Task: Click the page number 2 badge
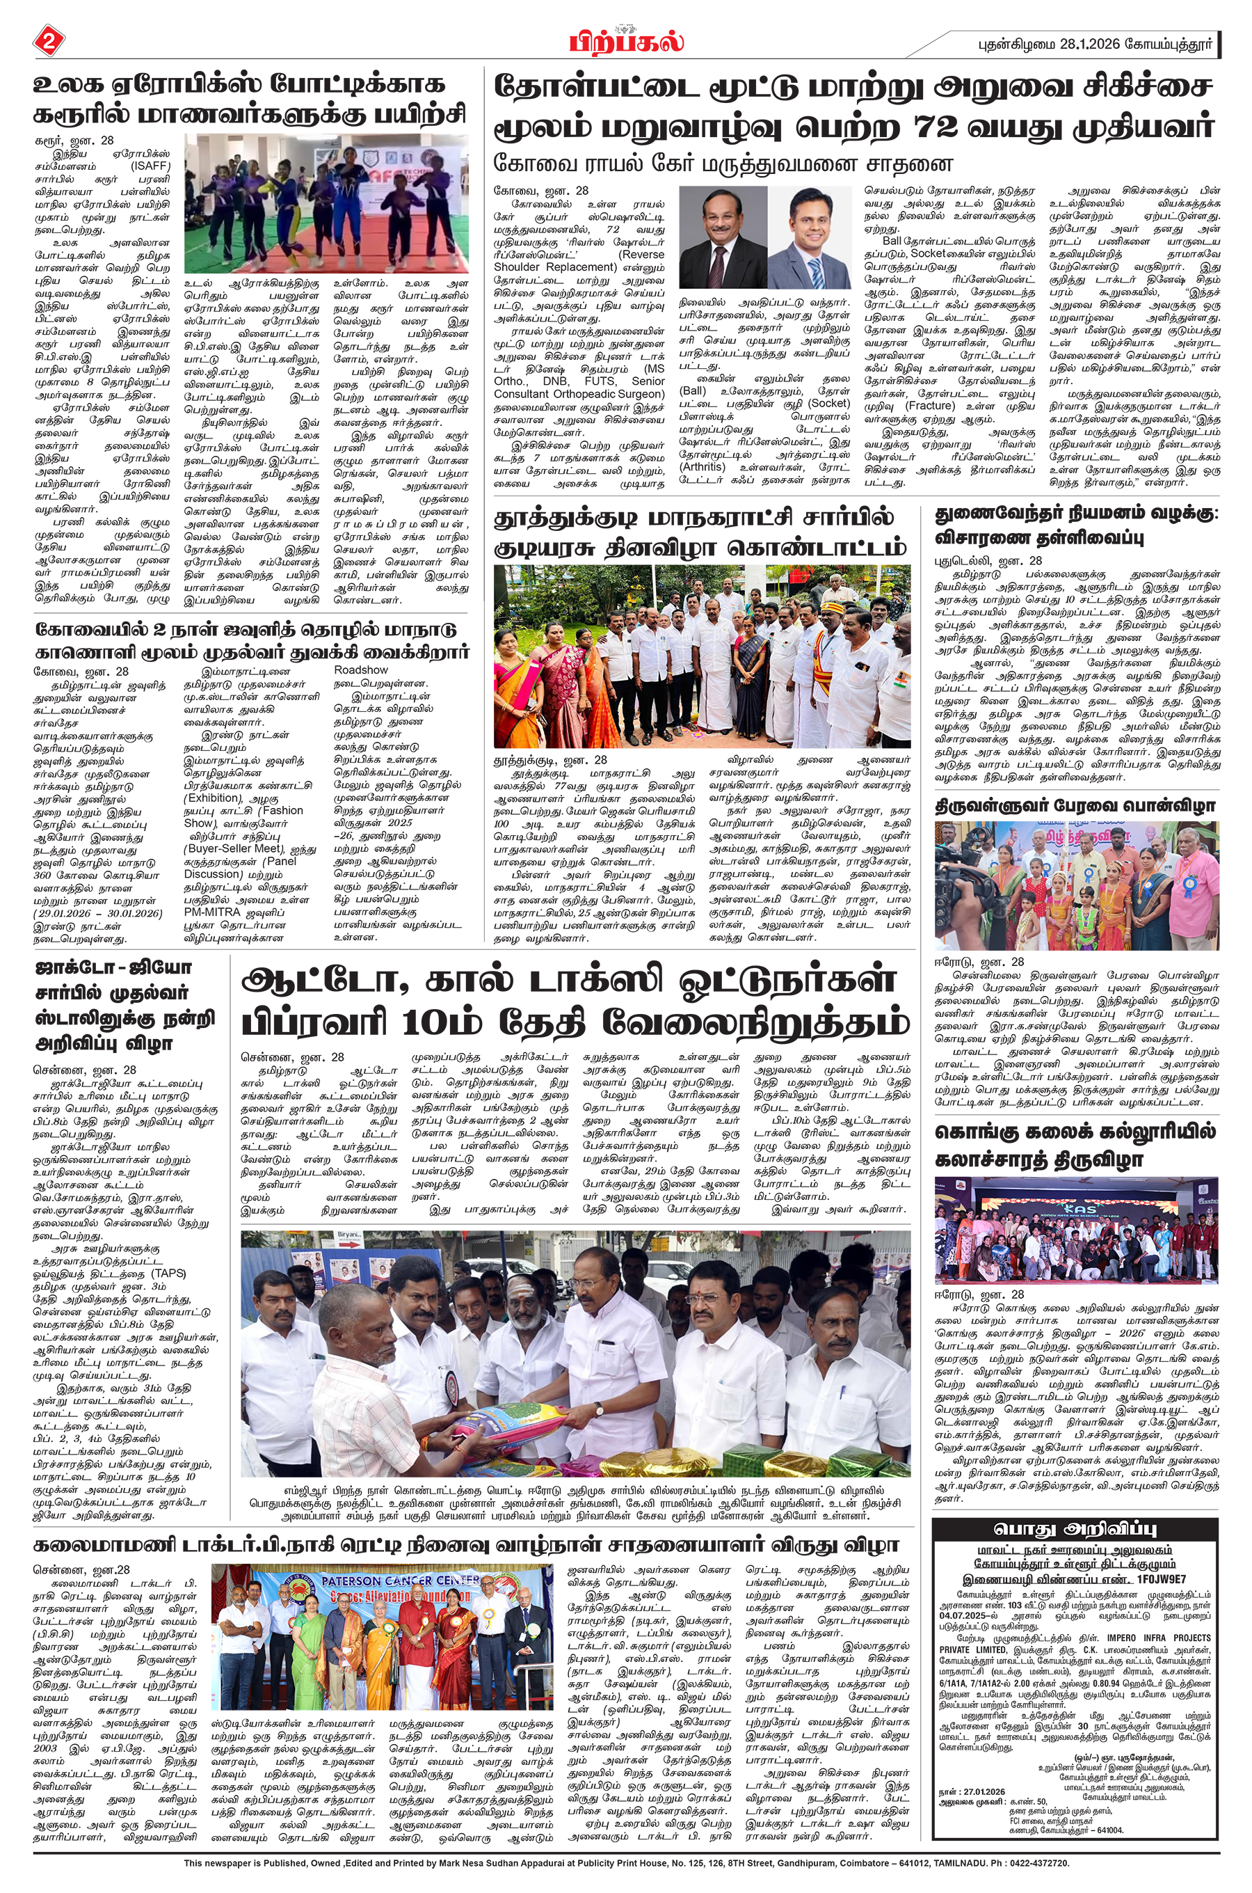[48, 41]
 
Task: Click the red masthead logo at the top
[625, 40]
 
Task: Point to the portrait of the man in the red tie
[723, 237]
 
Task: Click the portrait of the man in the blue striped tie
[810, 237]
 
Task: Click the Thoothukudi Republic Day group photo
[702, 656]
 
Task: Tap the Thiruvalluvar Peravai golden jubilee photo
[1076, 885]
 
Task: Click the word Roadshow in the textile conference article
[361, 670]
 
